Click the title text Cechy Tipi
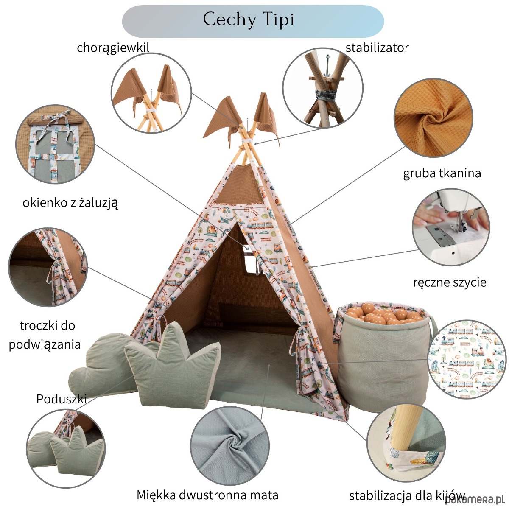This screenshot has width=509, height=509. click(x=248, y=20)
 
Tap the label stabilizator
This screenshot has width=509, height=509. click(x=377, y=48)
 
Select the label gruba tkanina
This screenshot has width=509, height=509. click(x=442, y=173)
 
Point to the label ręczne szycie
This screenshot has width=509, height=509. click(x=450, y=282)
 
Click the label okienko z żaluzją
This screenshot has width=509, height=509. click(x=70, y=203)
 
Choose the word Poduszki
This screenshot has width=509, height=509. click(x=62, y=399)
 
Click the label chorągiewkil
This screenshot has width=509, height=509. click(x=113, y=48)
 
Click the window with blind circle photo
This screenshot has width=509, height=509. click(x=55, y=145)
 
